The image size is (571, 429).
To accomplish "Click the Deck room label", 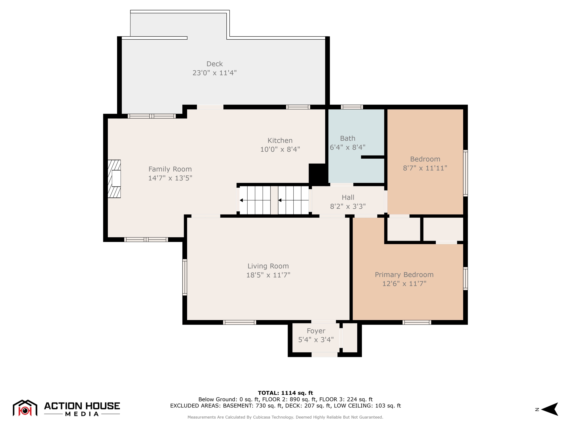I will pos(214,64).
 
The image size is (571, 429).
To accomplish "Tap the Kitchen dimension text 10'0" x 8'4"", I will pos(280,149).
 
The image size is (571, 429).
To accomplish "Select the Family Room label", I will pos(170,169).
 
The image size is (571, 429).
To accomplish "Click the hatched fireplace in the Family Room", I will pos(114,179).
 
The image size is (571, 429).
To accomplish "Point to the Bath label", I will pos(347,139).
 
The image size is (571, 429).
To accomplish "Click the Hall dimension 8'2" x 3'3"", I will pos(348,206).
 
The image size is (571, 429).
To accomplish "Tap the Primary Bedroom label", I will pos(404,275).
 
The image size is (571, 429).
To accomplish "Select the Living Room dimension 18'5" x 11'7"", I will pos(268,275).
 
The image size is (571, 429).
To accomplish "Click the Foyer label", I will pos(316,331).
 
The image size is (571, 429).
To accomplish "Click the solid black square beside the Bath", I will pos(317,173).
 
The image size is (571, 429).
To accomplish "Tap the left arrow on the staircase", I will pos(241,200).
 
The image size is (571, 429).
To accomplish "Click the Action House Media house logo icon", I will pos(25,408).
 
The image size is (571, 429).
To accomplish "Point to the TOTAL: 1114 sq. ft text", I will pos(285,393).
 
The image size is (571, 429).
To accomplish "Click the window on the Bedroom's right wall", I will pos(465,173).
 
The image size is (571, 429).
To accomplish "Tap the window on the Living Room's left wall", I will pos(185,277).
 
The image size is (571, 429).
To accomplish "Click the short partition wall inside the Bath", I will pos(372,157).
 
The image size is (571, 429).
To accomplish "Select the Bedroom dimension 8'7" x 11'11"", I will pos(425,168).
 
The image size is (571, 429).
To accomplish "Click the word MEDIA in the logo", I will pos(82,414).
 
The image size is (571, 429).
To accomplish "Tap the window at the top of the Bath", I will pos(352,107).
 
